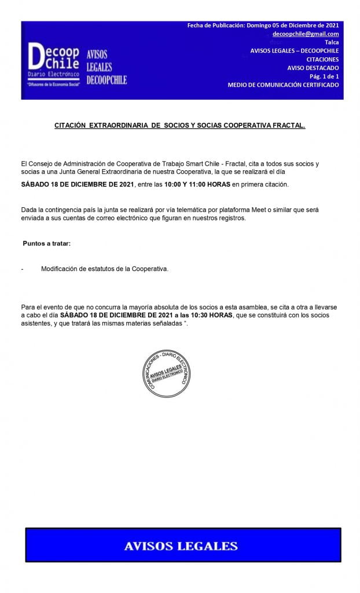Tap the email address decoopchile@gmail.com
306,34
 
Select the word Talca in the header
332,42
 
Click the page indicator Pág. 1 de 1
324,76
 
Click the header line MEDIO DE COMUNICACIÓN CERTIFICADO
283,85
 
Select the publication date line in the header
263,25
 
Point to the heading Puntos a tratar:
46,243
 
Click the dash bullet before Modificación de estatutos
22,269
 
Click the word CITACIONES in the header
322,59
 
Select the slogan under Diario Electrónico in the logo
53,85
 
